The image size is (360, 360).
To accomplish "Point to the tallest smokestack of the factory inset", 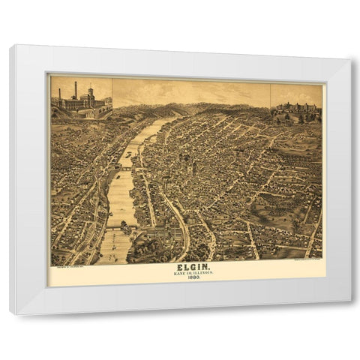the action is [75, 90].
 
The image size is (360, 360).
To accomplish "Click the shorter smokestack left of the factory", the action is [59, 95].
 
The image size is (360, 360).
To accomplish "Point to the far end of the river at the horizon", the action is [176, 117].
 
